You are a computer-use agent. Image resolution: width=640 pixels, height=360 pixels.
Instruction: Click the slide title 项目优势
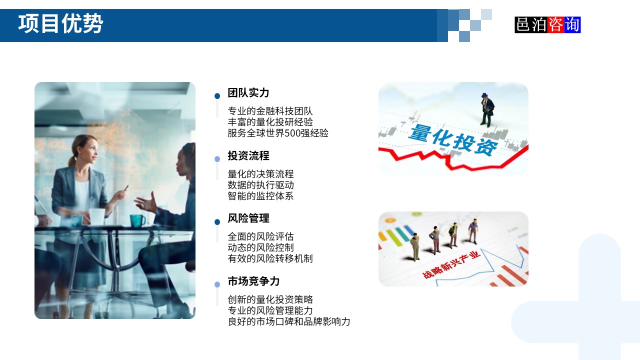tap(60, 24)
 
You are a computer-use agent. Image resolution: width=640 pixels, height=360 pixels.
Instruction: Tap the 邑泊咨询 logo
tap(547, 24)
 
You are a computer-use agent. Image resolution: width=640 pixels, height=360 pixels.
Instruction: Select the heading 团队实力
tap(248, 93)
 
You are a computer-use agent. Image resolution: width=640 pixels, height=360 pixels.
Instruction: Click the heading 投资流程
tap(248, 156)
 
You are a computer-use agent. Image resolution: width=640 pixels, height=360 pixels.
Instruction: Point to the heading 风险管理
tap(248, 218)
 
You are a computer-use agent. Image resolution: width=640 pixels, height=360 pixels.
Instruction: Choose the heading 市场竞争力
tap(253, 281)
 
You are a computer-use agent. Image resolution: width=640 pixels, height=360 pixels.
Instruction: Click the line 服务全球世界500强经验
tap(278, 133)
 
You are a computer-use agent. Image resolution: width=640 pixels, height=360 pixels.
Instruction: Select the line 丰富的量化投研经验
tap(270, 122)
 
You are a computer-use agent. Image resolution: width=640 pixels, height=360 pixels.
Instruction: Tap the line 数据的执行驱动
tap(260, 185)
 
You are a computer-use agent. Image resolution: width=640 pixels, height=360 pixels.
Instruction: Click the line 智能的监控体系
tap(260, 196)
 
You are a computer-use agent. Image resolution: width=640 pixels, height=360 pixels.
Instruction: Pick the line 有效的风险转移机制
tap(270, 258)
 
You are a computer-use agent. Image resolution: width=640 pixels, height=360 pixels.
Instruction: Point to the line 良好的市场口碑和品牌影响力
tap(289, 321)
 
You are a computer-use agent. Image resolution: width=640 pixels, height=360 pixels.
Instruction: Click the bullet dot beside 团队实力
tap(217, 96)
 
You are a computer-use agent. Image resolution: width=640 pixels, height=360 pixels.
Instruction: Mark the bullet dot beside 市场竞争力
tap(217, 284)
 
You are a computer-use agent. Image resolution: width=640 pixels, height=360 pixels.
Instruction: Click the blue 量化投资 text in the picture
tap(453, 139)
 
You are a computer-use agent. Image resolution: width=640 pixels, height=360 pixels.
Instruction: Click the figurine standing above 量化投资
tap(486, 109)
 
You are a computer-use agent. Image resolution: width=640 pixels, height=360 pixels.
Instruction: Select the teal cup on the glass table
tap(137, 220)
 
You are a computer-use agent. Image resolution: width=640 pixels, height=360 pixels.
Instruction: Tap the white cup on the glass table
tap(96, 216)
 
